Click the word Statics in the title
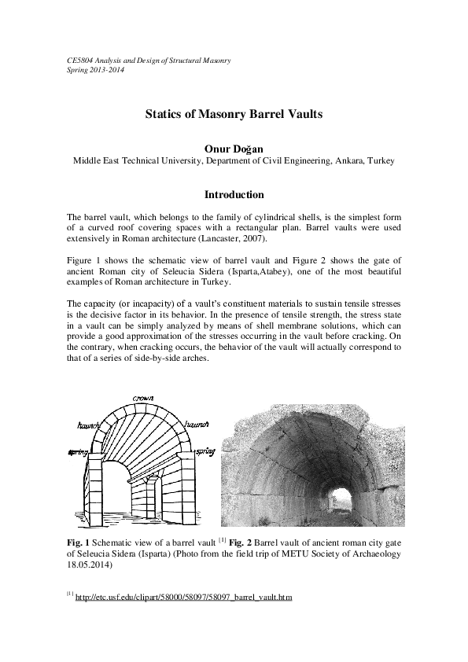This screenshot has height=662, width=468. (x=164, y=114)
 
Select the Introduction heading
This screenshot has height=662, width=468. (x=234, y=195)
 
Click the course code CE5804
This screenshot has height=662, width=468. (x=79, y=61)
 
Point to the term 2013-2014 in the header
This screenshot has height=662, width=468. (x=105, y=70)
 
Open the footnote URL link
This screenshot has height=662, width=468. (x=183, y=598)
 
